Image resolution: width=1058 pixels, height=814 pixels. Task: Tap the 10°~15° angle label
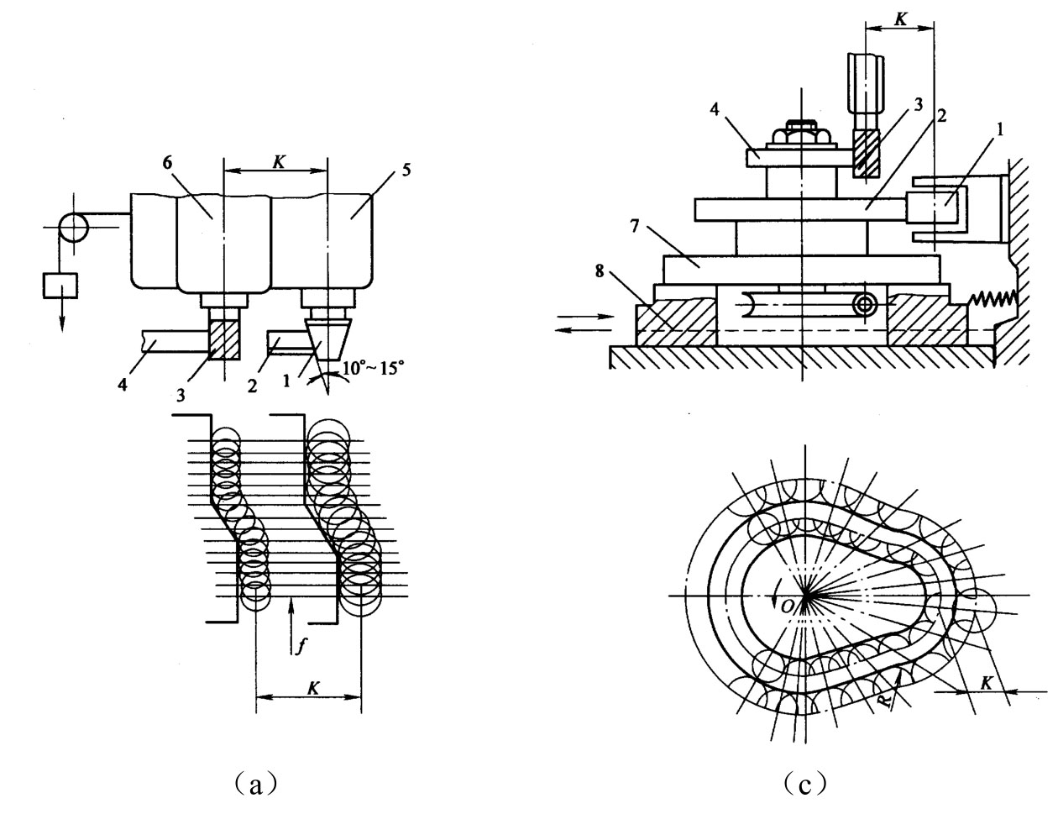coord(373,368)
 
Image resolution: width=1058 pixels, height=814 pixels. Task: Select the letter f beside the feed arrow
coord(301,645)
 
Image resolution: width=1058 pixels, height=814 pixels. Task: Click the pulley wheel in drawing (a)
coord(74,228)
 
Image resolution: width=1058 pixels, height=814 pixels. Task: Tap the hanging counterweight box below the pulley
coord(60,286)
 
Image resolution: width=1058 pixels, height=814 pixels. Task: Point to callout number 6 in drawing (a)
coord(167,163)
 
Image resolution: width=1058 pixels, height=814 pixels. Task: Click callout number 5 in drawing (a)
coord(406,170)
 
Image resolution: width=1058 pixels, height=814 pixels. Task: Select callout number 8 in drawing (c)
coord(600,270)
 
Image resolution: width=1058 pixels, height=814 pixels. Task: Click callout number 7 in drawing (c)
coord(635,226)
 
